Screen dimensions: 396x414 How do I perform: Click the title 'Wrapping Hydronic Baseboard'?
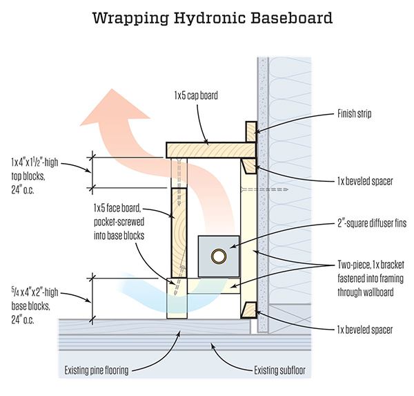[206, 15]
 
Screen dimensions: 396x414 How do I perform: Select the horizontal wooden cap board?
[207, 149]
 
